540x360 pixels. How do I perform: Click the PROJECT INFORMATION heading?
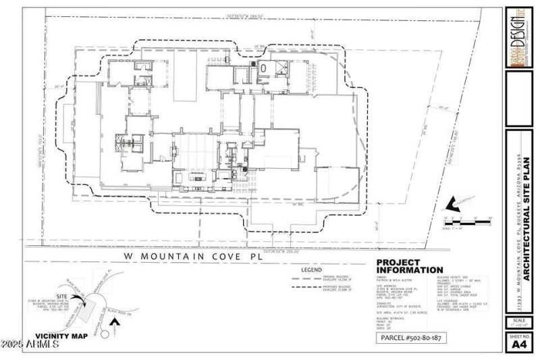(x=407, y=267)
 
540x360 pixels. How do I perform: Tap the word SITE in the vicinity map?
(x=40, y=296)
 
